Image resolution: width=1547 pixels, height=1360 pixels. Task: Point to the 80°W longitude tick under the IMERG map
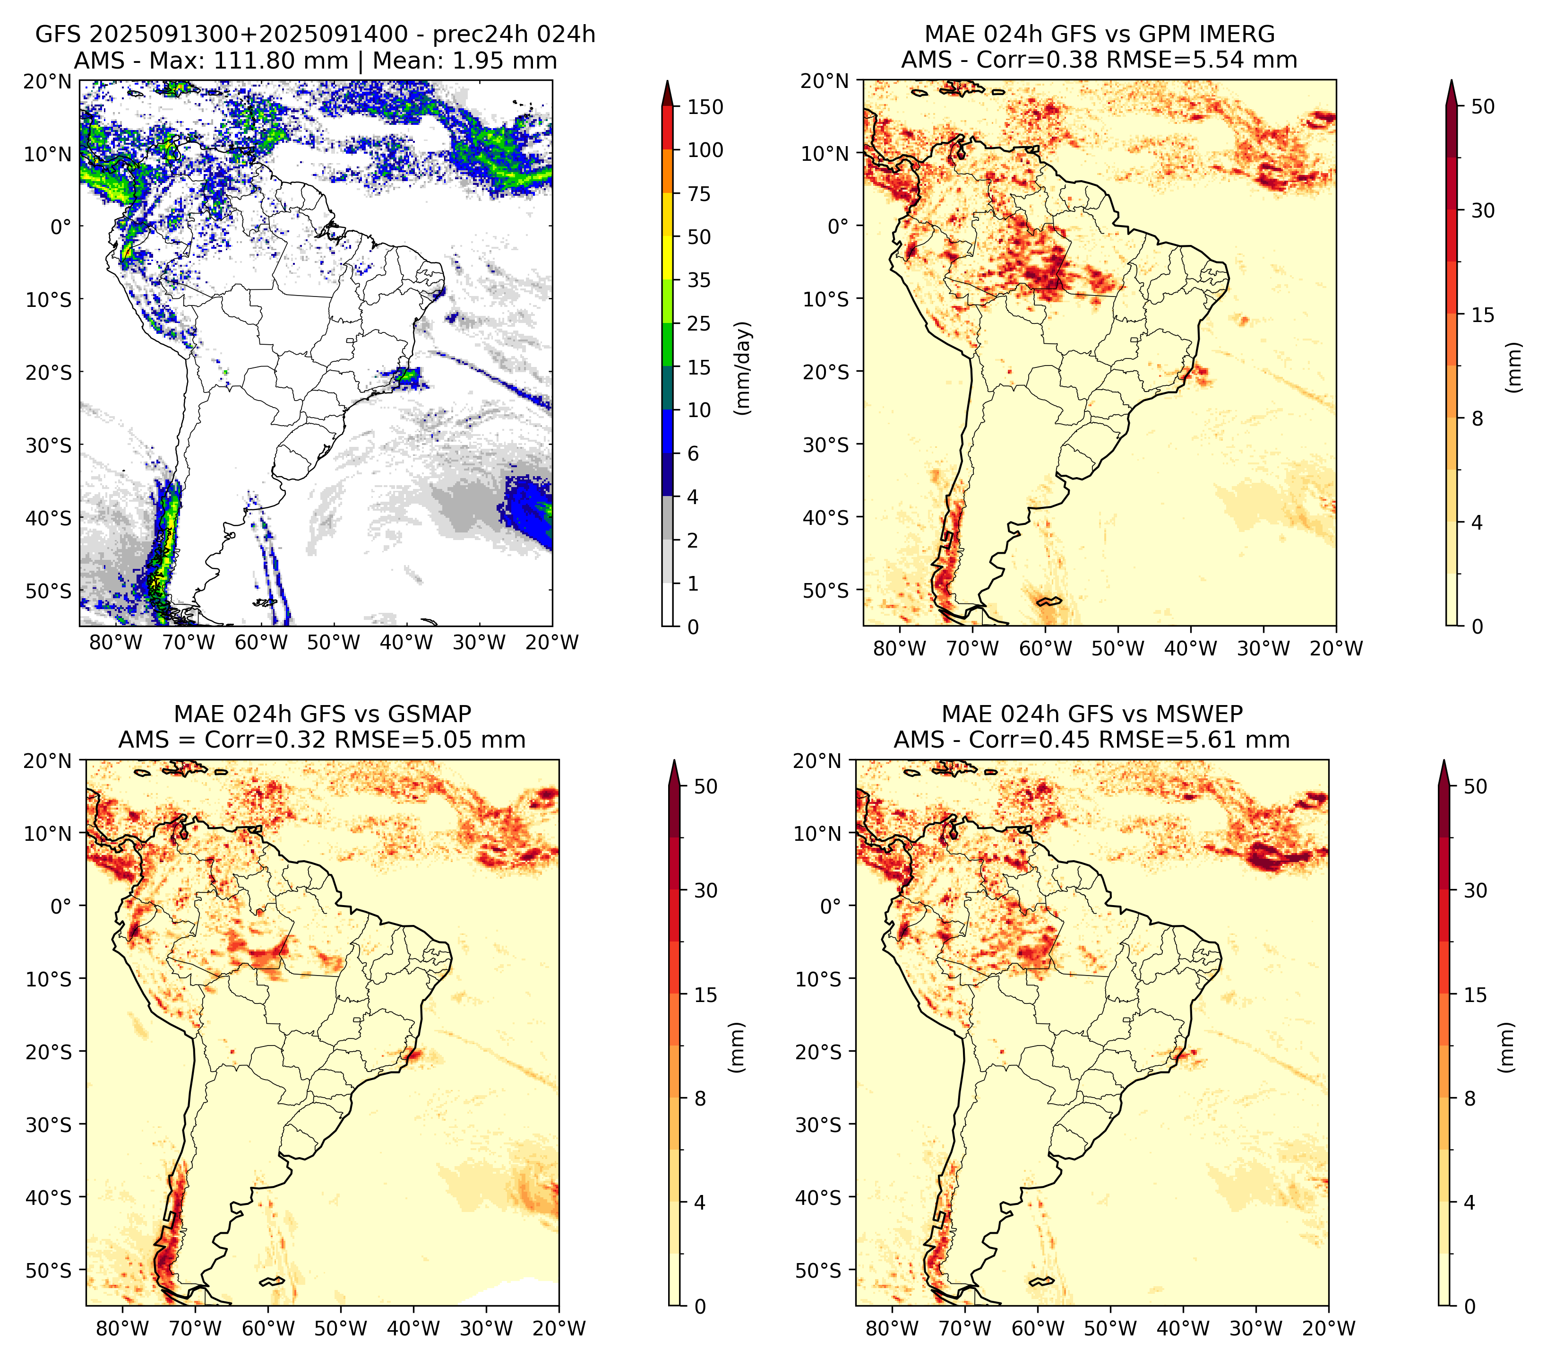(x=899, y=648)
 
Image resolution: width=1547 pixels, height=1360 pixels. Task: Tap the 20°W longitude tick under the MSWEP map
(x=1328, y=1328)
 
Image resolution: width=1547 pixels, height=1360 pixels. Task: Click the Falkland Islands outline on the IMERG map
(x=1050, y=601)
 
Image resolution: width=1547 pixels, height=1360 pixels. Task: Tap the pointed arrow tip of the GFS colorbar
(x=667, y=80)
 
